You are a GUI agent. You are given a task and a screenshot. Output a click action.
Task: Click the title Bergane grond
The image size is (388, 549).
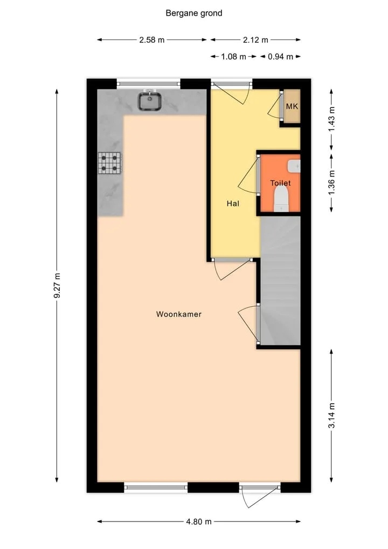pos(193,13)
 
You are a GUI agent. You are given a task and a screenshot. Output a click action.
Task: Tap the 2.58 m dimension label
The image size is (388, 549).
pos(152,40)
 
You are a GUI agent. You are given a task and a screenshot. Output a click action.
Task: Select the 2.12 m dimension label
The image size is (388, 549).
pos(255,40)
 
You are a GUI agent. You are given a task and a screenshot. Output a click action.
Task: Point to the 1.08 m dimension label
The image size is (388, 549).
pos(233,56)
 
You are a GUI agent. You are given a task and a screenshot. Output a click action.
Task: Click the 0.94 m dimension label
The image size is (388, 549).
pos(280,56)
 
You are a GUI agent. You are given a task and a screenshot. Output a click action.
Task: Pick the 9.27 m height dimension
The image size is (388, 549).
pos(57,286)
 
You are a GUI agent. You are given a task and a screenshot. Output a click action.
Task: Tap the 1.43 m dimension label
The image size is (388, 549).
pos(331,119)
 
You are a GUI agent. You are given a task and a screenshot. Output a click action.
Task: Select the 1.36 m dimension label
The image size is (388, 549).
pos(331,182)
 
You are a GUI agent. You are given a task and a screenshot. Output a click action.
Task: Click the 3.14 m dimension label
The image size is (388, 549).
pos(331,415)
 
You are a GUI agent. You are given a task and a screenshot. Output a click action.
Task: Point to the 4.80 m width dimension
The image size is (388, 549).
pos(198,521)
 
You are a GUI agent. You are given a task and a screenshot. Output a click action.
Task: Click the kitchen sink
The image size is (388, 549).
pos(150,100)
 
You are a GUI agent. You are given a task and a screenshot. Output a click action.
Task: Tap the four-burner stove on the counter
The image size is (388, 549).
pos(109,163)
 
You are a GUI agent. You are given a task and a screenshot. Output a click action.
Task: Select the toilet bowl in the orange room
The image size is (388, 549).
pos(281,199)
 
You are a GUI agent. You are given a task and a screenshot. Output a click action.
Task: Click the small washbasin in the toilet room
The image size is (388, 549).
pos(294,166)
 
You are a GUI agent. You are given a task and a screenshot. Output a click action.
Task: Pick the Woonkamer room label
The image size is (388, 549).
pos(178,314)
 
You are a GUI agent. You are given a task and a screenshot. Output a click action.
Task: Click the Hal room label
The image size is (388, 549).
pos(233,204)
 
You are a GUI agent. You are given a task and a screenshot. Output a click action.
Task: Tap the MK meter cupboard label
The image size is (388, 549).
pos(292,106)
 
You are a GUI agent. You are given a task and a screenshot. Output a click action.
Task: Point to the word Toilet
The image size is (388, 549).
pos(280,183)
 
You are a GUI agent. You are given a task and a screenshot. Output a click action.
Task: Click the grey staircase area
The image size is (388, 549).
pos(281,281)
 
